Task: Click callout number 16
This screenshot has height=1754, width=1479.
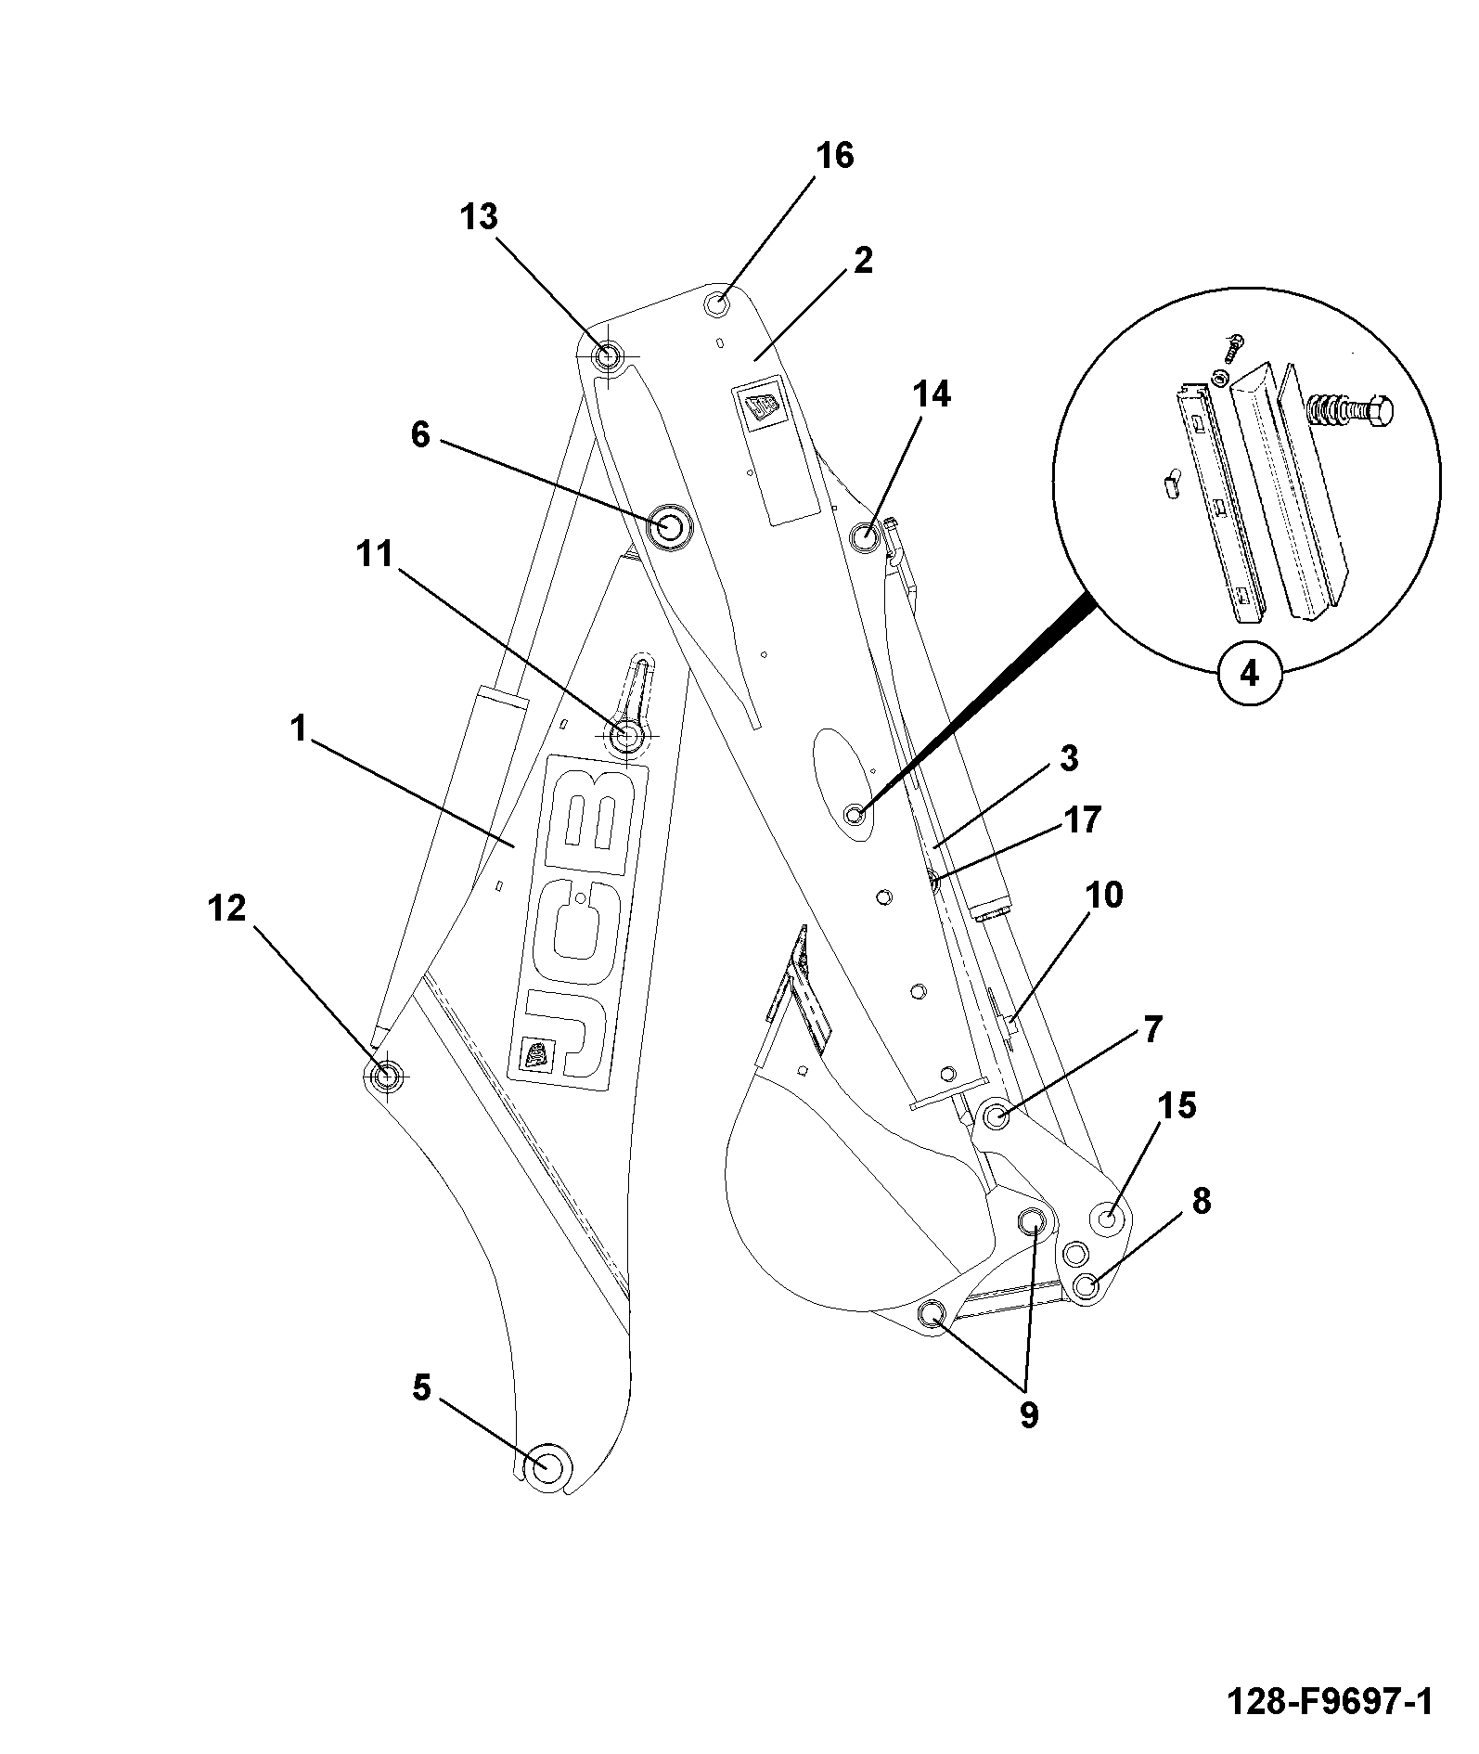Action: [834, 155]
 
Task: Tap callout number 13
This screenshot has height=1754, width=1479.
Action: [480, 217]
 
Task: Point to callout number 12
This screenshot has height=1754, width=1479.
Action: [226, 908]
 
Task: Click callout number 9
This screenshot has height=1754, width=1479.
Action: [1028, 1415]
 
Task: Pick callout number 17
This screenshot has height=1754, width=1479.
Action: [1083, 819]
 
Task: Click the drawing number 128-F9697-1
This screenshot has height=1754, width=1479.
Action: [1330, 1702]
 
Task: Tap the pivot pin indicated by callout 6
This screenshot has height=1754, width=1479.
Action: [669, 526]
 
